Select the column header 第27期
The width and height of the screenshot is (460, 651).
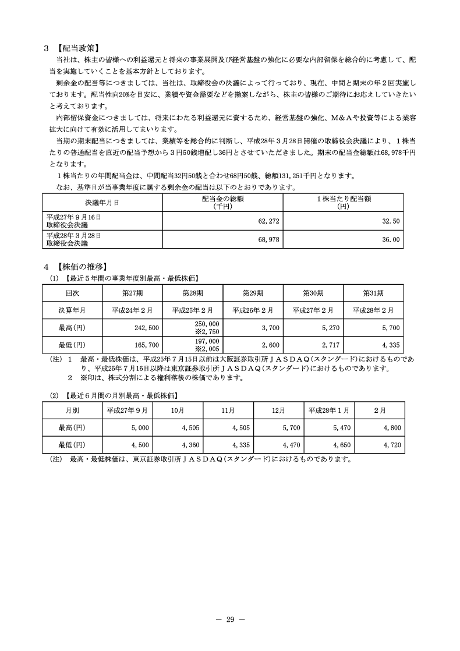pyautogui.click(x=132, y=293)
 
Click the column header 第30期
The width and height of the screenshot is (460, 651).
pyautogui.click(x=313, y=293)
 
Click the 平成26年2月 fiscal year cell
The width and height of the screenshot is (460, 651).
pyautogui.click(x=253, y=310)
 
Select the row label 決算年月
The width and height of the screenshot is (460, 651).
pyautogui.click(x=72, y=310)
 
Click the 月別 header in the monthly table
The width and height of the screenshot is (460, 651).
pyautogui.click(x=72, y=410)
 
